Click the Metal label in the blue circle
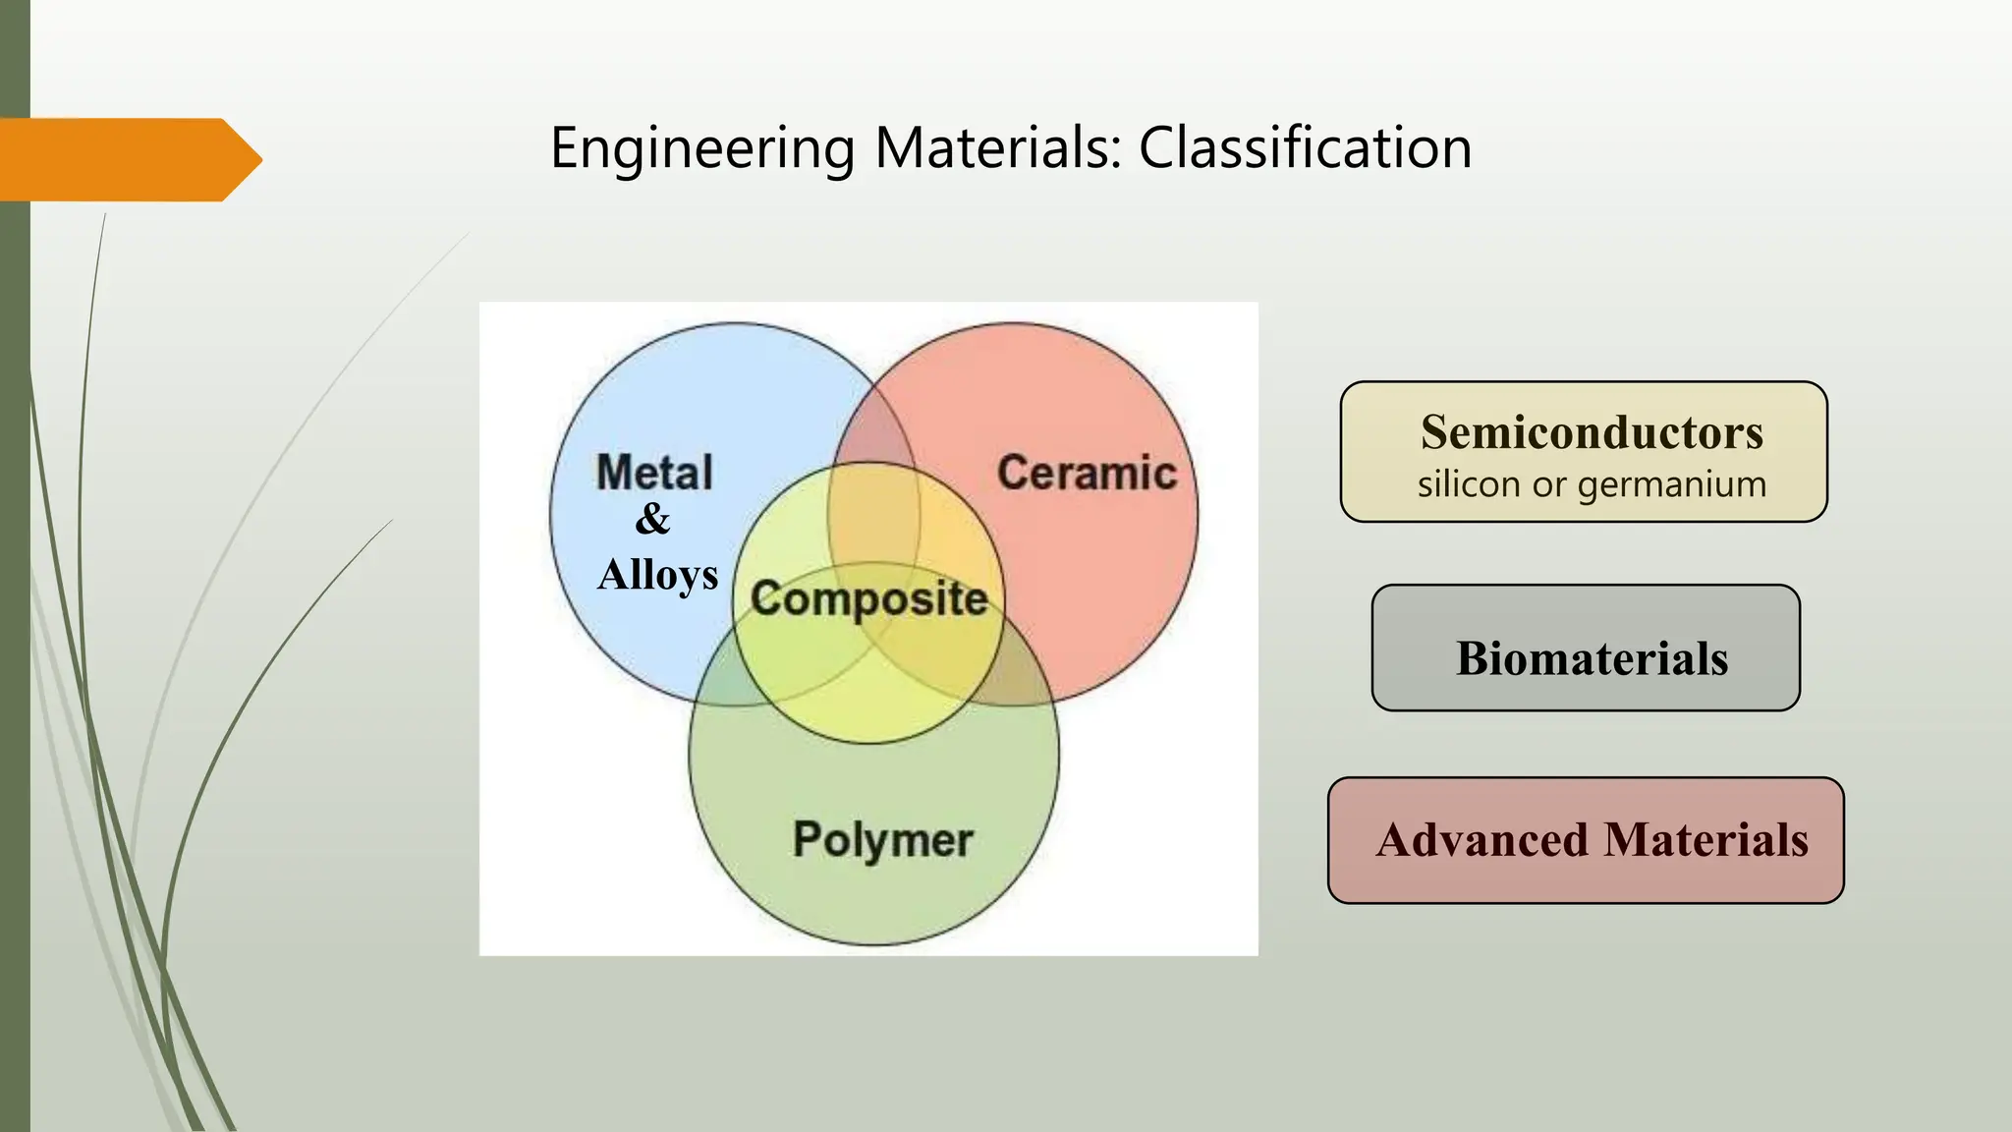tap(654, 473)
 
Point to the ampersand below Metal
tap(652, 519)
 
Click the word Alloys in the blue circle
tap(657, 574)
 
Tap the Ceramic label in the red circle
tap(1087, 473)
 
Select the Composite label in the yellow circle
tap(868, 598)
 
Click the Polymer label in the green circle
tap(882, 839)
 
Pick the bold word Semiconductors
tap(1592, 432)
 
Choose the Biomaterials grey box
tap(1586, 649)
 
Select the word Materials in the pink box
tap(1705, 840)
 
